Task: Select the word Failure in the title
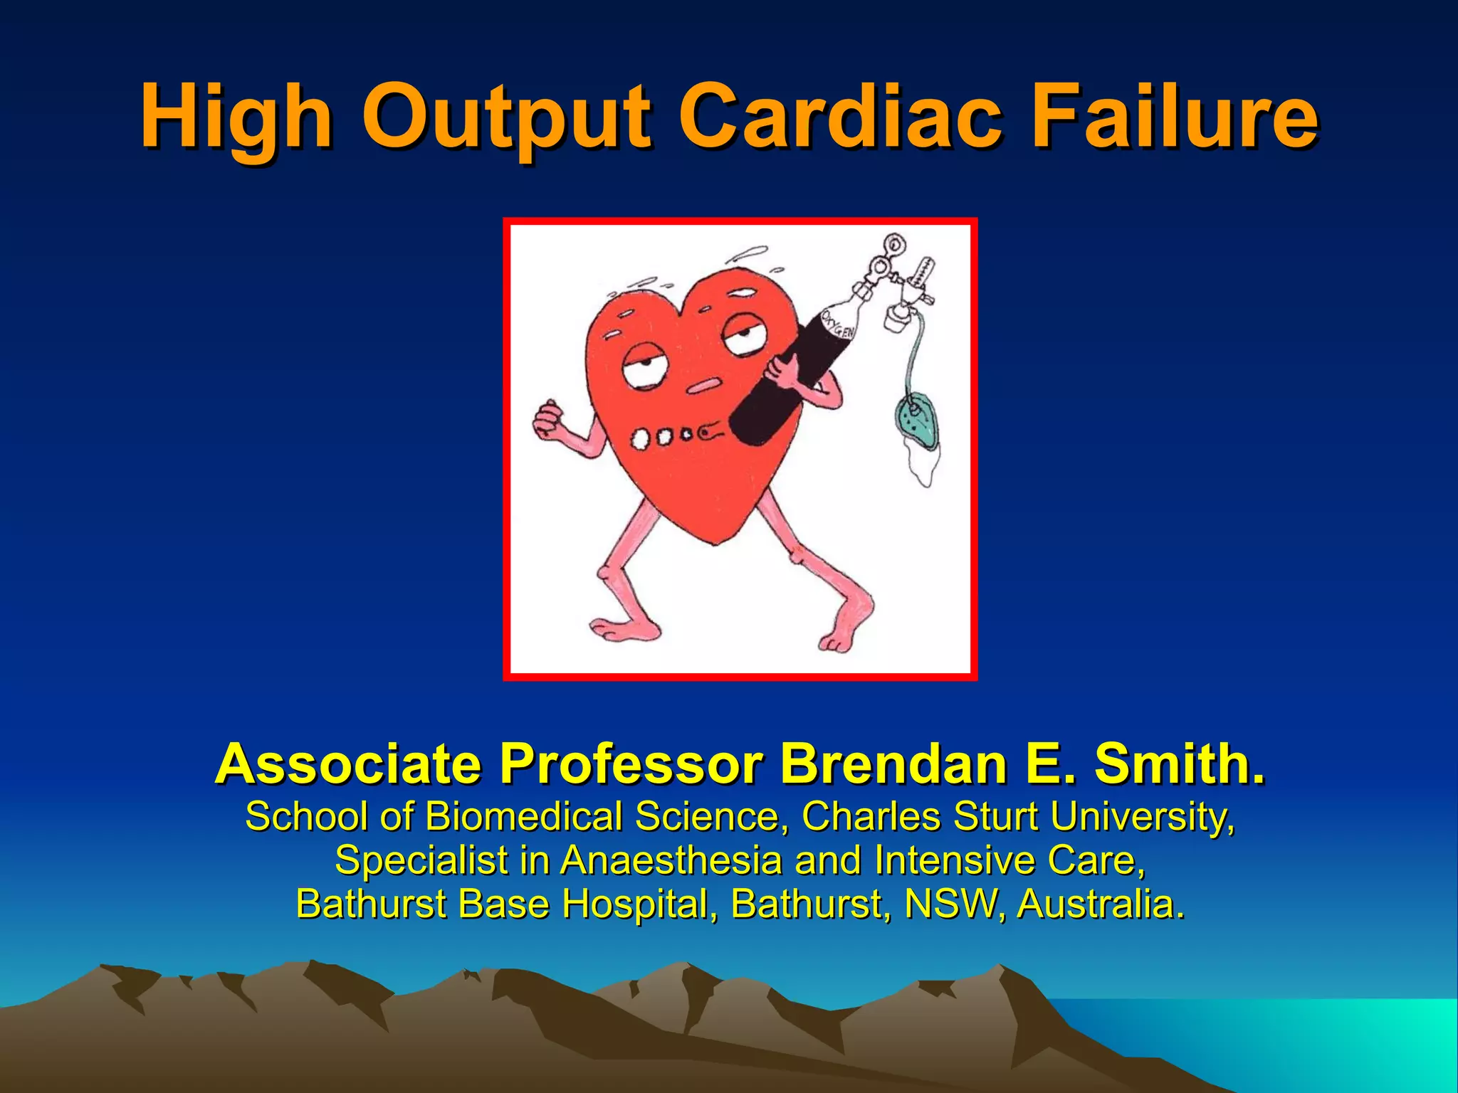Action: (x=1175, y=116)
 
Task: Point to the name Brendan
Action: (x=893, y=764)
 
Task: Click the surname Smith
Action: (x=1179, y=764)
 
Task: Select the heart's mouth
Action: (x=706, y=385)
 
